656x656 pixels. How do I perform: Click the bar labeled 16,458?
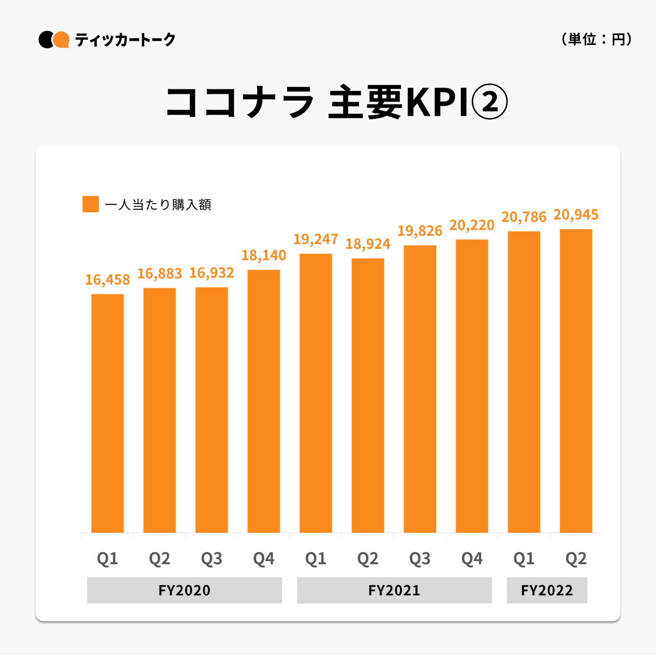108,413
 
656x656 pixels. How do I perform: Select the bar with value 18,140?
264,401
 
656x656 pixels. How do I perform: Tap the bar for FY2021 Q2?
368,395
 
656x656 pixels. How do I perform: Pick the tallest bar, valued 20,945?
576,381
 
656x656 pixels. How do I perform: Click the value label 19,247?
316,239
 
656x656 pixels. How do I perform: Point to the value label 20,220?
472,225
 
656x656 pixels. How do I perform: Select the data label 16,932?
212,273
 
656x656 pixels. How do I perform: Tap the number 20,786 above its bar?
524,218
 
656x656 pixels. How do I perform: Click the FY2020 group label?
184,590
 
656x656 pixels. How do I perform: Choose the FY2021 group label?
394,590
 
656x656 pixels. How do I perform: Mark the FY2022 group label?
547,590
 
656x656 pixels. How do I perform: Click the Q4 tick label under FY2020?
264,559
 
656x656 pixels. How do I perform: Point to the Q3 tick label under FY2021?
420,559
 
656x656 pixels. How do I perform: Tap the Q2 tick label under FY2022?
576,559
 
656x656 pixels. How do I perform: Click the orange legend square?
91,204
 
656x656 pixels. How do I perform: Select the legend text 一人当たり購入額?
158,205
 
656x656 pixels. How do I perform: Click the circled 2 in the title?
489,103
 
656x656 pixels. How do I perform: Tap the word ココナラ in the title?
240,103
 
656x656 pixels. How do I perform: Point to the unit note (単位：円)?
596,39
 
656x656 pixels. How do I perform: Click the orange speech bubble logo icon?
62,39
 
